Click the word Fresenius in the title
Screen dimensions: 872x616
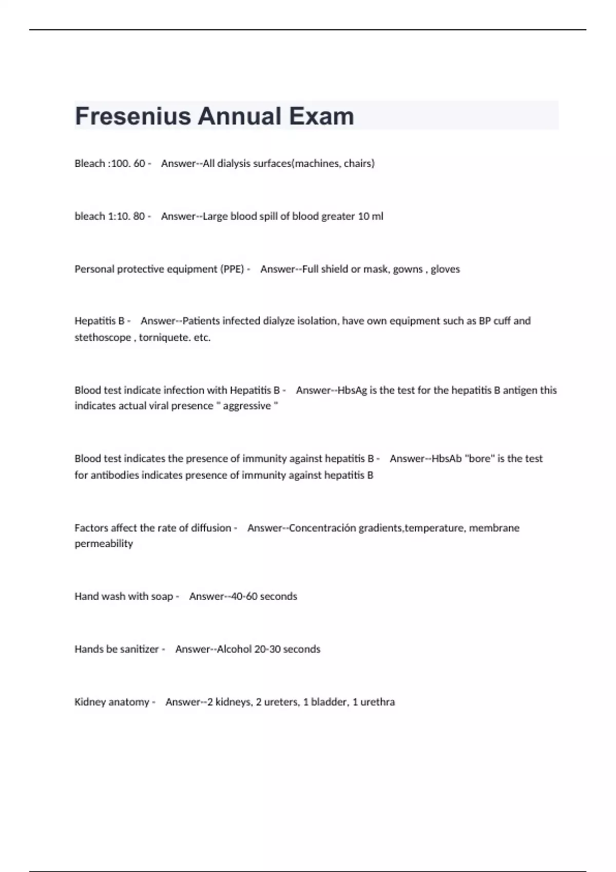tap(133, 116)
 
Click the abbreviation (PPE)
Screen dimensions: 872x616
tap(232, 269)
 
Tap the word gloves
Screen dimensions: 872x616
tap(445, 269)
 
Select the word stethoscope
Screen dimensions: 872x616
tap(103, 338)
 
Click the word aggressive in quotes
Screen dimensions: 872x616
tap(246, 406)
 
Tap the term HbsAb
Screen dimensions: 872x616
tap(447, 459)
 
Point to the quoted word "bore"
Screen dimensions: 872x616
tap(479, 459)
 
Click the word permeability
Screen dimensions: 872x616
tap(104, 544)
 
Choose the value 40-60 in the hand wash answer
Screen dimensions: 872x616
tap(244, 597)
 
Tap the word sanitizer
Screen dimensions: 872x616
tap(139, 649)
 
